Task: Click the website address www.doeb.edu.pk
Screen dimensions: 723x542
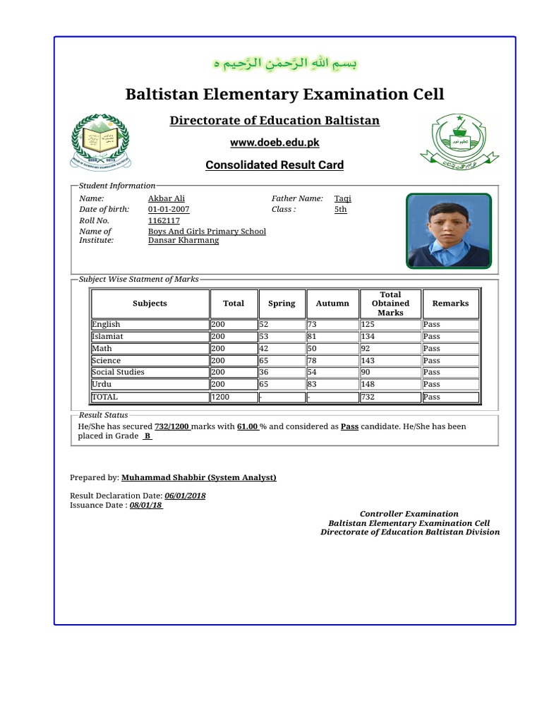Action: pyautogui.click(x=275, y=143)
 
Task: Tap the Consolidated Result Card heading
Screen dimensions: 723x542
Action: pyautogui.click(x=275, y=165)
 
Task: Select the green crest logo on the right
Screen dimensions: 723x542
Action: pyautogui.click(x=459, y=141)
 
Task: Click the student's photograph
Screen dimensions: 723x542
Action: pyautogui.click(x=448, y=231)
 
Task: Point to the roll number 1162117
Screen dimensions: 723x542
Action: pyautogui.click(x=164, y=221)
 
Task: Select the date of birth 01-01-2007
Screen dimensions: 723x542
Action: pyautogui.click(x=169, y=210)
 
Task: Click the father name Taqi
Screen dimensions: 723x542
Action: pyautogui.click(x=343, y=199)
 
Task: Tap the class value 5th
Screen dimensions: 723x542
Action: pyautogui.click(x=341, y=210)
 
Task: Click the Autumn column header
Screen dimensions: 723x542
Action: pyautogui.click(x=332, y=304)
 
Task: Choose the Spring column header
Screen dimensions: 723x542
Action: pyautogui.click(x=282, y=304)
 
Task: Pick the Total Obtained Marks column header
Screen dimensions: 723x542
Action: pyautogui.click(x=390, y=304)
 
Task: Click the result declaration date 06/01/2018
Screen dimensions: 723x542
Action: pyautogui.click(x=186, y=496)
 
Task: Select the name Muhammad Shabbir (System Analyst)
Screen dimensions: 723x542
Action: pyautogui.click(x=199, y=478)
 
